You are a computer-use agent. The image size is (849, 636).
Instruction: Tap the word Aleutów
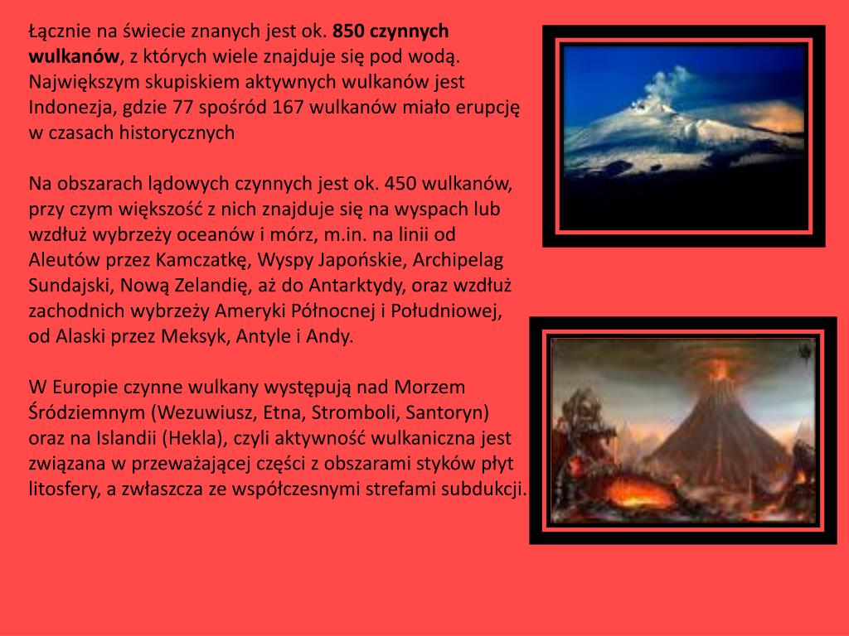(x=61, y=260)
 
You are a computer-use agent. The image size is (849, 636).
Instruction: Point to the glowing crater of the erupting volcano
(x=717, y=365)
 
